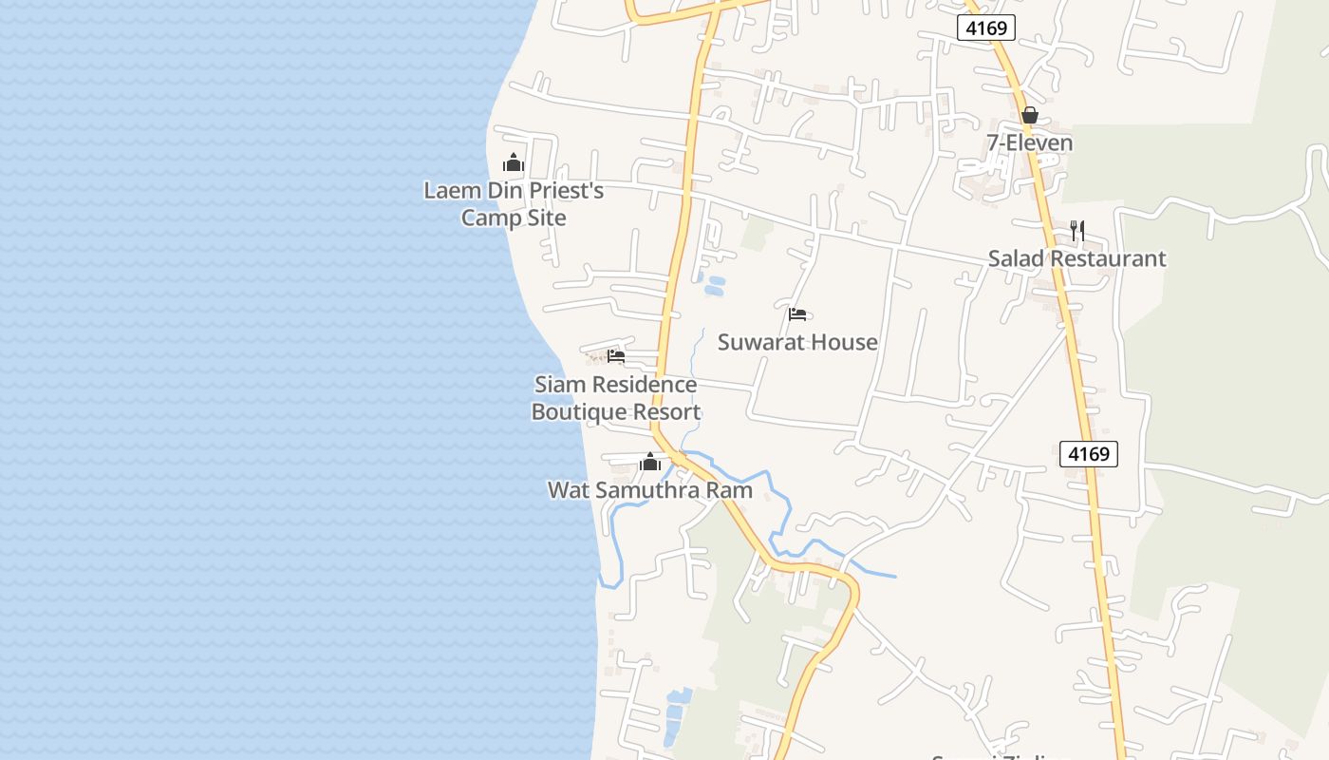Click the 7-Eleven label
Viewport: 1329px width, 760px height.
[x=1029, y=143]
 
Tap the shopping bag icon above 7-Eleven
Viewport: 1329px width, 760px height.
[x=1029, y=116]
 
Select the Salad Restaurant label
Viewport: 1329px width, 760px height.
[x=1076, y=258]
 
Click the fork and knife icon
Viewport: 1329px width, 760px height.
[x=1076, y=230]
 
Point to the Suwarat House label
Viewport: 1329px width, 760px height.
[x=797, y=342]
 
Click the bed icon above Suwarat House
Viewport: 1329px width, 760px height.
[x=797, y=313]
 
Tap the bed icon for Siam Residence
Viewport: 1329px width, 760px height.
[x=616, y=356]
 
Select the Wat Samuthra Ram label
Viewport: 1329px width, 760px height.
[x=650, y=490]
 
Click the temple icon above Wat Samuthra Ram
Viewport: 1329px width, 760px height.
[x=650, y=463]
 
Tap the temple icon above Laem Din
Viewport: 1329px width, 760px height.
[x=514, y=162]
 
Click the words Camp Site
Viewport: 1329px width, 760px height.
[x=514, y=218]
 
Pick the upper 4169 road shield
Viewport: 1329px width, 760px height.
[x=986, y=28]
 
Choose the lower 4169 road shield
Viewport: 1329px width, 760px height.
[x=1089, y=454]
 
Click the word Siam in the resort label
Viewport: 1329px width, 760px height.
[x=557, y=385]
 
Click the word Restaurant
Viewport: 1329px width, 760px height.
[x=1106, y=258]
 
